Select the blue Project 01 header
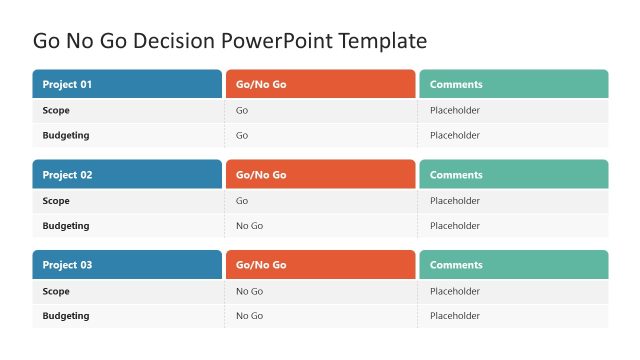127,84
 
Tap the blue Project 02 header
127,174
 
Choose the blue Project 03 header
127,264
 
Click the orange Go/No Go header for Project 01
320,84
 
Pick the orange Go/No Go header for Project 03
320,264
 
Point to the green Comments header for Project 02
513,174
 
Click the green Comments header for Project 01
513,84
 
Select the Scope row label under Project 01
56,110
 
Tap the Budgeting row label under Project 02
66,225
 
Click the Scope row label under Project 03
56,291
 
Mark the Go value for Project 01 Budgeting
242,135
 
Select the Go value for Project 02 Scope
242,200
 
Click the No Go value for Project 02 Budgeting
249,225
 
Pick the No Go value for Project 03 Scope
249,291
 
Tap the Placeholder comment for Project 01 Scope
455,110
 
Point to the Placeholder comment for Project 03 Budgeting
455,315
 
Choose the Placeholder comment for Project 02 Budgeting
455,225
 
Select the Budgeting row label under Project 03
66,315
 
